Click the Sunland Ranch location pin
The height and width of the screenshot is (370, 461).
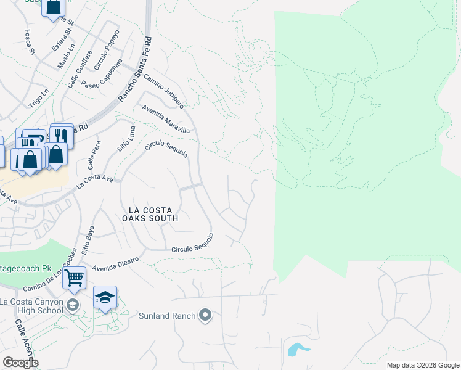tap(205, 316)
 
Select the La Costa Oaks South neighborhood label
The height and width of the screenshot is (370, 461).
tap(150, 213)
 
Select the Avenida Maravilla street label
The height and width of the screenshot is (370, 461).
tap(165, 119)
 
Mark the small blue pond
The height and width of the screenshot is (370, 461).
tap(298, 349)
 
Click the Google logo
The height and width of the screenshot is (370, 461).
tap(20, 363)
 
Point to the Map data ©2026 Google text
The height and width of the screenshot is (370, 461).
tap(422, 365)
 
